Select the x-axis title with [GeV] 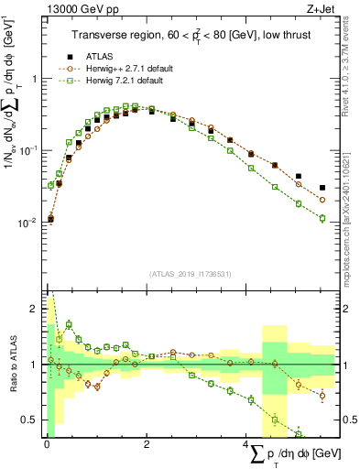[293, 453]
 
